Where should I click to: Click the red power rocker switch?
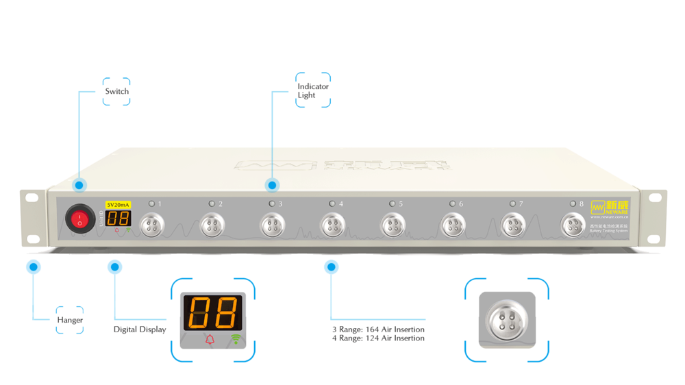79,220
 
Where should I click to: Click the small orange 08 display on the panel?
119,219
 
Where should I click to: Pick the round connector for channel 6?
452,224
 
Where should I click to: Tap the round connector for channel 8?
573,224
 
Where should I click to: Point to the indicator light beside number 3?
272,204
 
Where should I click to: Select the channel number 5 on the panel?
401,204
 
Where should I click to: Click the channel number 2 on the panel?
220,204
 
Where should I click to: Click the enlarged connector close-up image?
507,320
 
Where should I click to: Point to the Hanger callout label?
70,320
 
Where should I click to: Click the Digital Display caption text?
140,330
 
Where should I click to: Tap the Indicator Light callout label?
313,90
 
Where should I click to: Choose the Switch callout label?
116,91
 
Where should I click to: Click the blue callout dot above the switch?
80,185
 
